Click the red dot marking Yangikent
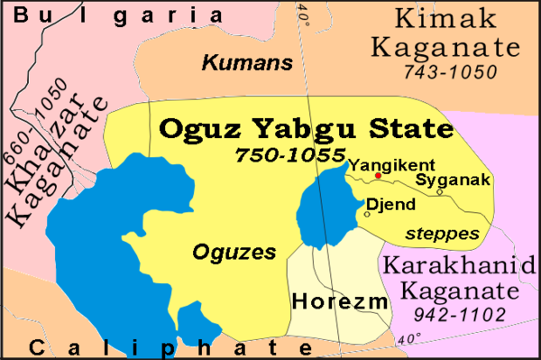[x=353, y=176]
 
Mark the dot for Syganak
[x=438, y=190]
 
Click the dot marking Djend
[x=367, y=214]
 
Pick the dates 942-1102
[x=451, y=316]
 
